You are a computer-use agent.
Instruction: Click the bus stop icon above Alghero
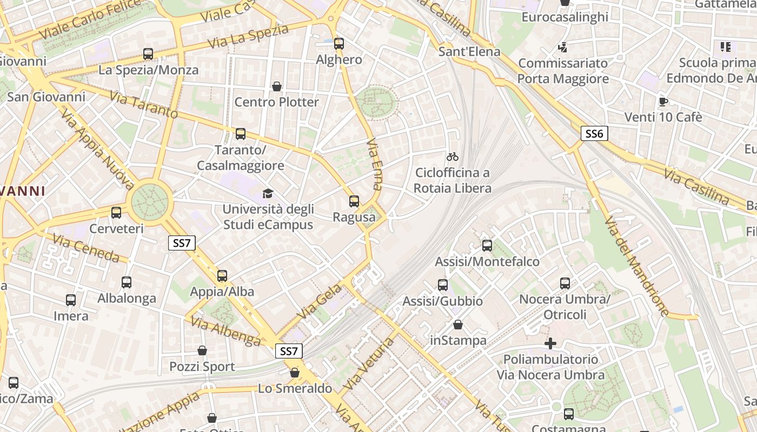point(339,44)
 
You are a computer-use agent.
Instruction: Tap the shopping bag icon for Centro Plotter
point(277,86)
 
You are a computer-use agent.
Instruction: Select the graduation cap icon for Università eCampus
point(268,193)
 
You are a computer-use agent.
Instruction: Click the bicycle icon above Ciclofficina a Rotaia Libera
point(453,157)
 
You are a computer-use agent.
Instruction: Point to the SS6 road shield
point(594,133)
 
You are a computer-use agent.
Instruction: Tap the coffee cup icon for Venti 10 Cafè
point(663,102)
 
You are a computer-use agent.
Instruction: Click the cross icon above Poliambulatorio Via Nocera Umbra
point(550,343)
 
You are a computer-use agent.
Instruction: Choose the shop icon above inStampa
point(458,325)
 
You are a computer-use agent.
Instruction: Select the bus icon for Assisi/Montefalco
point(487,246)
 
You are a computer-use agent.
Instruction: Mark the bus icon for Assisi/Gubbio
point(443,285)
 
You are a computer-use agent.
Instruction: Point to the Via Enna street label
point(374,164)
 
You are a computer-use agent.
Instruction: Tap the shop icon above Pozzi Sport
point(202,351)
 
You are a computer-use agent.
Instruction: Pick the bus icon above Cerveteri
point(116,213)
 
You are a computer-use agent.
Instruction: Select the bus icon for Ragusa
point(354,201)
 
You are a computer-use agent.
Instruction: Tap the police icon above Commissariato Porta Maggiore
point(563,48)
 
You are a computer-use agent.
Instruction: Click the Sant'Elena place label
point(469,52)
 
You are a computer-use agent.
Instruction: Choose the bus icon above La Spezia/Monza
point(148,54)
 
